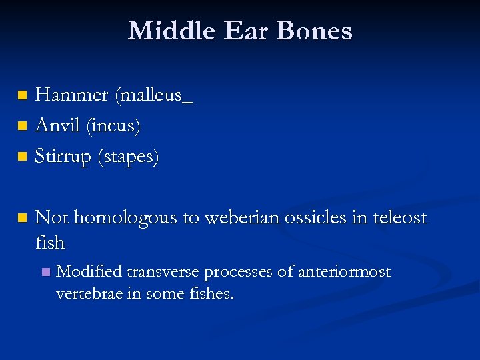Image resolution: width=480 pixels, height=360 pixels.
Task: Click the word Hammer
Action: [x=71, y=95]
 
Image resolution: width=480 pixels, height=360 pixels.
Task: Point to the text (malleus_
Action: [x=153, y=96]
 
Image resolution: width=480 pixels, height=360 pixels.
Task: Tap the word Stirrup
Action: [x=64, y=157]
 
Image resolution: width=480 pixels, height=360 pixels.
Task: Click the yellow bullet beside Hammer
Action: [x=23, y=96]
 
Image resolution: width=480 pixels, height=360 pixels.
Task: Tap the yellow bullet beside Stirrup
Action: [x=23, y=157]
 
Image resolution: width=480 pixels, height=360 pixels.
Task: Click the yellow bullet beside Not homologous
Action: [x=23, y=217]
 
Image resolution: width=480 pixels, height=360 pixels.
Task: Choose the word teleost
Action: [x=397, y=217]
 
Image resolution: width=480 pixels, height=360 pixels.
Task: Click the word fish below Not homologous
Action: [x=50, y=243]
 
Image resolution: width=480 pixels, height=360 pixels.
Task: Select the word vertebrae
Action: [x=87, y=294]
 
